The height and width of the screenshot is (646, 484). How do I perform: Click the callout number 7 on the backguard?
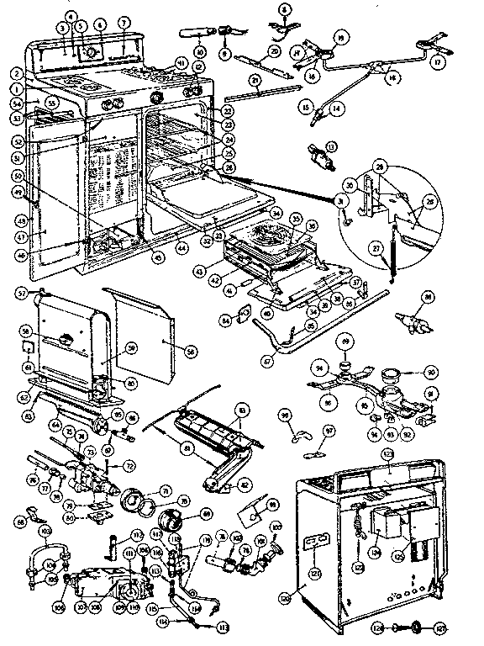(x=124, y=22)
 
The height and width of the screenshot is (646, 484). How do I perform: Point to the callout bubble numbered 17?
(x=438, y=61)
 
